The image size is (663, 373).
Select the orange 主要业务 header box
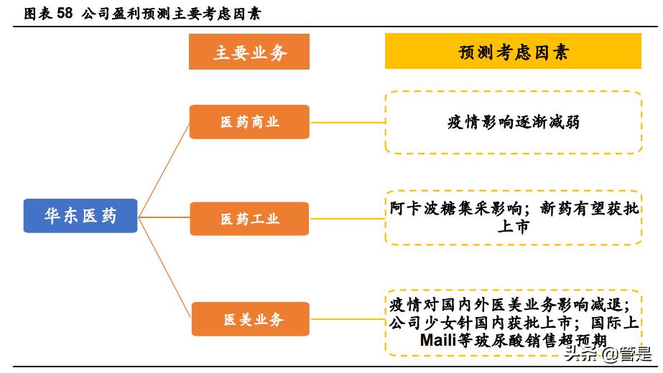coord(249,52)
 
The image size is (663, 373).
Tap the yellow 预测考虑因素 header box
coord(513,52)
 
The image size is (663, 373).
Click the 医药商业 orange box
coord(249,122)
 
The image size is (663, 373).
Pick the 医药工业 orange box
coord(249,219)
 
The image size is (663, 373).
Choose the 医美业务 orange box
coord(250,319)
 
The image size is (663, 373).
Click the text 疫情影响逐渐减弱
coord(513,123)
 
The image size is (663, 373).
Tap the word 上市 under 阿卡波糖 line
coord(513,227)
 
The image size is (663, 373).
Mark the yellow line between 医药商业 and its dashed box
coord(347,122)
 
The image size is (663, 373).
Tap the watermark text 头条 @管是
coord(608,354)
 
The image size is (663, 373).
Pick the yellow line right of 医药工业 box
coord(347,219)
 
